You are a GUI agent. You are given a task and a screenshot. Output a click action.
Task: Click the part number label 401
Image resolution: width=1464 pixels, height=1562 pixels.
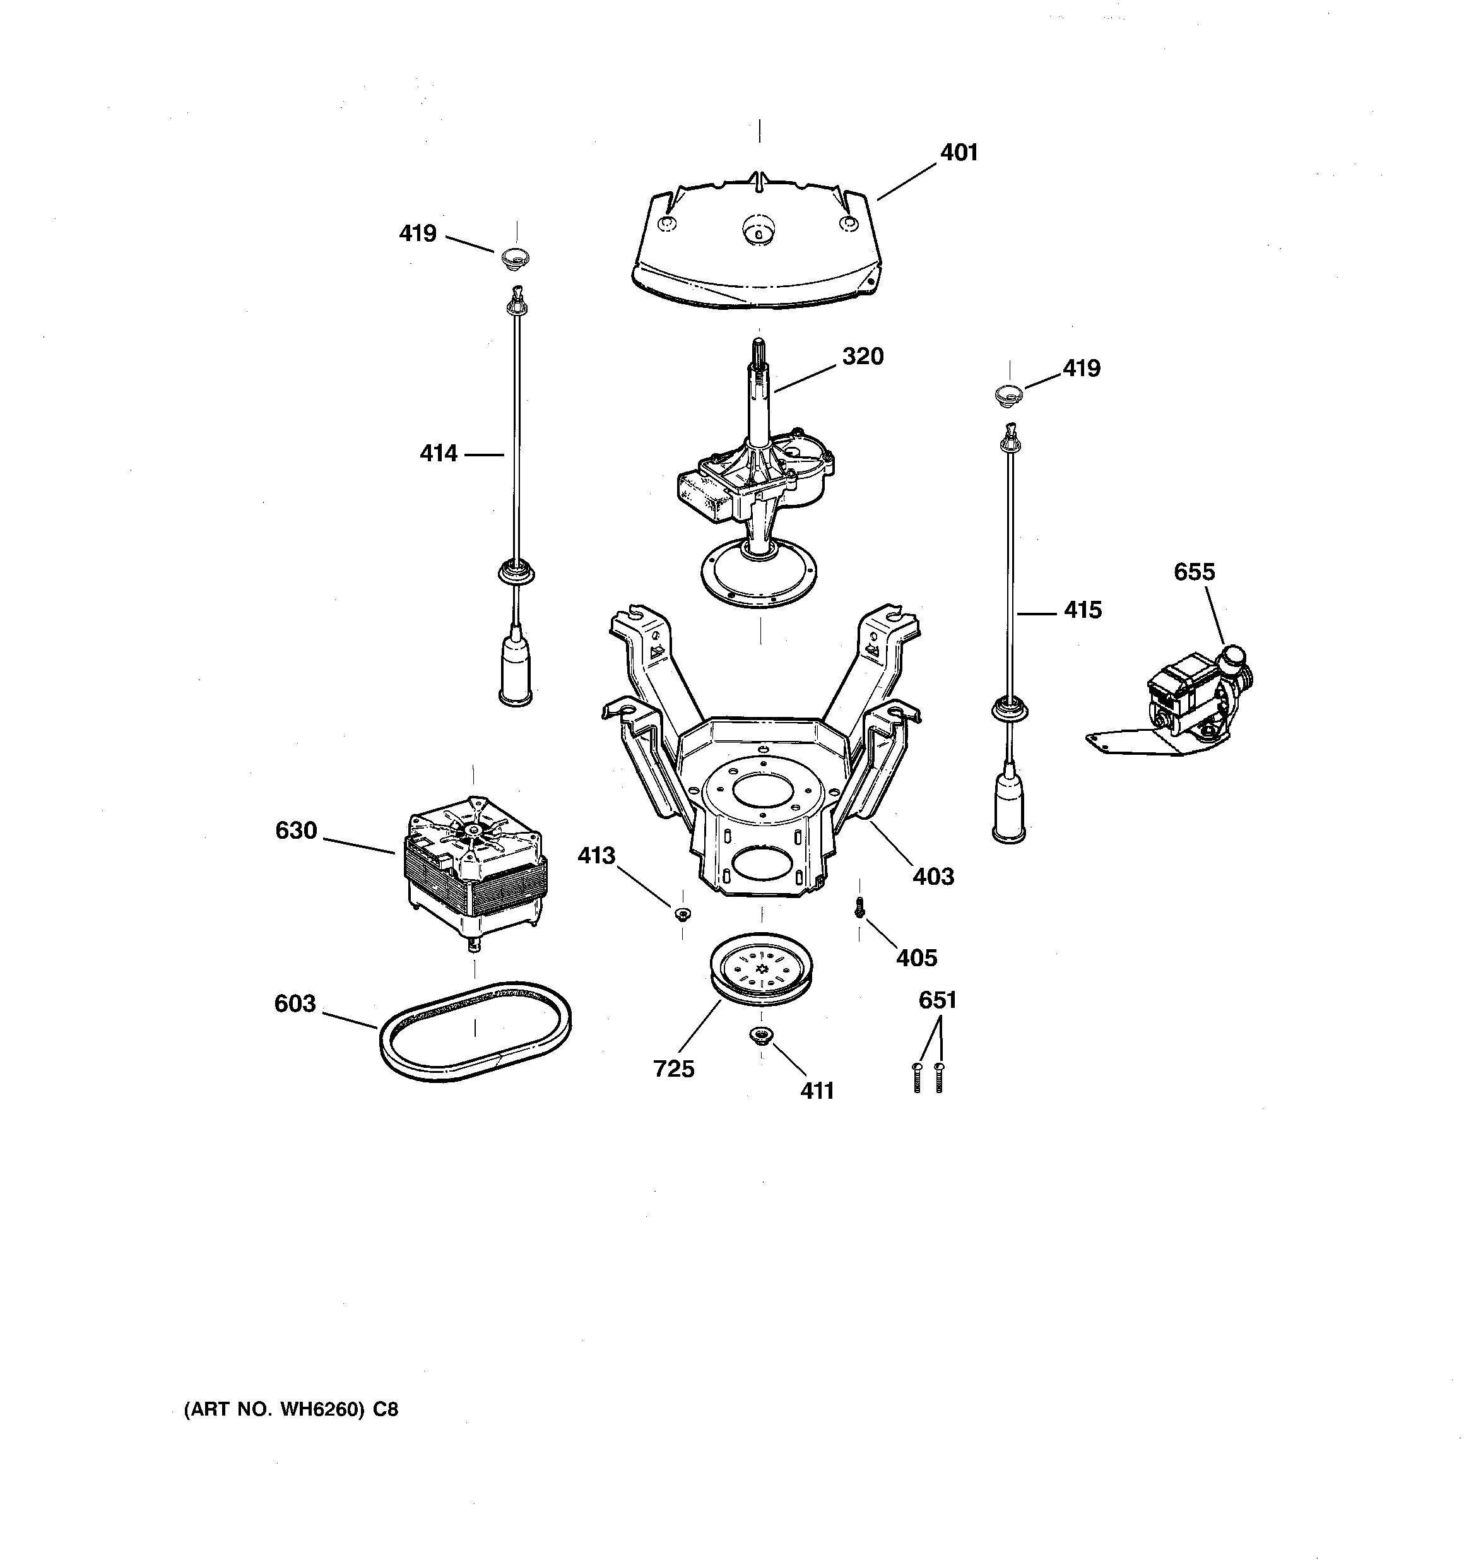958,153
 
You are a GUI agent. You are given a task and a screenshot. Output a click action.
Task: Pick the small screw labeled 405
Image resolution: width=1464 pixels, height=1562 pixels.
859,907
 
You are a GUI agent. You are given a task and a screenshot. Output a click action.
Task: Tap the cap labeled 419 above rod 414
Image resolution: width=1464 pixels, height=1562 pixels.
516,256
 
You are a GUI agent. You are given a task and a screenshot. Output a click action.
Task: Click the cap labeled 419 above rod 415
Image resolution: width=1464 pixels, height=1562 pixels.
1009,395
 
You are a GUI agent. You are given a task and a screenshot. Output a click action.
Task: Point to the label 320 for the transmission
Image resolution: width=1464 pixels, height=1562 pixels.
862,357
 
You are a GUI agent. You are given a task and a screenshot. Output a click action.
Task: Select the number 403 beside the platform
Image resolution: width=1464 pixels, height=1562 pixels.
933,876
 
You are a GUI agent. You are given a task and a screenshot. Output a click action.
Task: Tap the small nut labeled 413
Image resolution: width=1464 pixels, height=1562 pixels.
682,913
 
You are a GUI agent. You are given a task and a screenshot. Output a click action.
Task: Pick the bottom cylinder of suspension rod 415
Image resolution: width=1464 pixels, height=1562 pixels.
1009,808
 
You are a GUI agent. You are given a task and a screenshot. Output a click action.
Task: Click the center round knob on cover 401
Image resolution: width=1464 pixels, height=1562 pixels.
757,230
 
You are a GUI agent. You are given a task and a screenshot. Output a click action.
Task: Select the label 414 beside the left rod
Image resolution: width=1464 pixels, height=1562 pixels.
438,453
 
